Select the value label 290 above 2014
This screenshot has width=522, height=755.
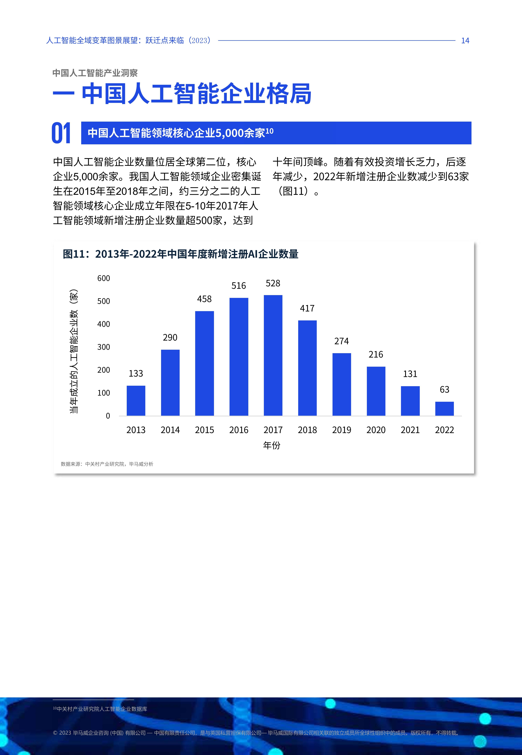click(170, 338)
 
